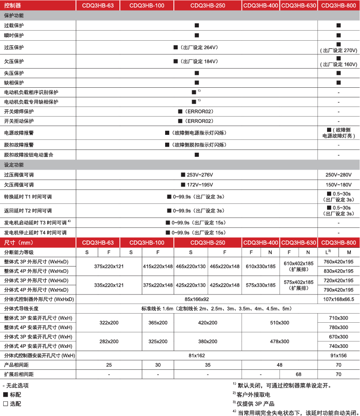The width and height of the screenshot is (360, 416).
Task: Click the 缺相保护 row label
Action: [x=14, y=83]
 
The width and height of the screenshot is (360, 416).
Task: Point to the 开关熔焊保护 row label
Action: [x=19, y=112]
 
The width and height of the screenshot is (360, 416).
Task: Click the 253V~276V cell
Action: [x=197, y=175]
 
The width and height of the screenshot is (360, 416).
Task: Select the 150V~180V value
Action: [x=339, y=185]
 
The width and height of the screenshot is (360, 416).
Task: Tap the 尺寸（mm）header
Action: [x=19, y=243]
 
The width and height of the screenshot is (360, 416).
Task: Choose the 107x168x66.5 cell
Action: [x=339, y=299]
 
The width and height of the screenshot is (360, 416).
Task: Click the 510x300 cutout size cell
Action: [x=279, y=323]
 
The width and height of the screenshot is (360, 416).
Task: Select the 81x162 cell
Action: [x=197, y=356]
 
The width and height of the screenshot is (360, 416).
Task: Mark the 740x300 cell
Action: [x=339, y=346]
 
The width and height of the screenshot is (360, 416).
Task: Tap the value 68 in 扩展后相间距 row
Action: [x=298, y=374]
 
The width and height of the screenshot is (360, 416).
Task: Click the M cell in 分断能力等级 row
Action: [x=349, y=252]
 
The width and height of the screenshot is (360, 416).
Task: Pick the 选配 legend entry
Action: [x=12, y=404]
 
